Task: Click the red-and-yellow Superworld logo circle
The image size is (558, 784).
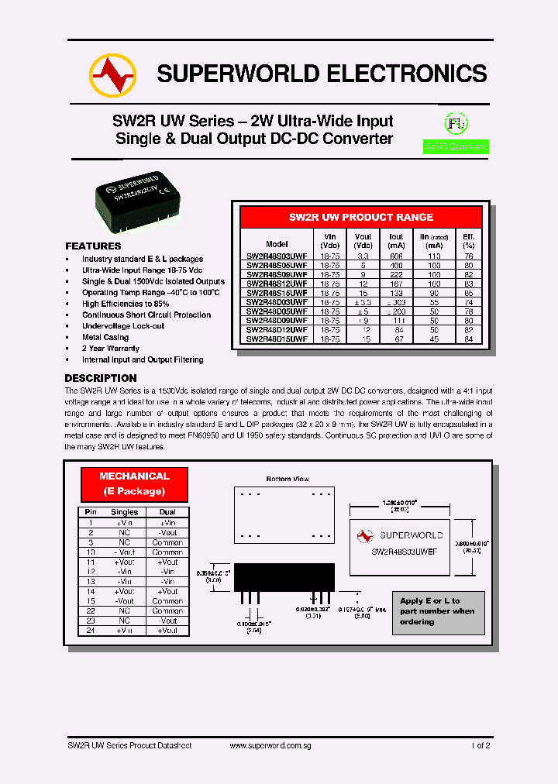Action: [x=112, y=74]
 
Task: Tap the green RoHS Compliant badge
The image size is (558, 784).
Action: [x=456, y=146]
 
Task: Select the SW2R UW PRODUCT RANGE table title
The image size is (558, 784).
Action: [x=361, y=217]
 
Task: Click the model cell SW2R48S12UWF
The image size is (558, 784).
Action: [x=277, y=284]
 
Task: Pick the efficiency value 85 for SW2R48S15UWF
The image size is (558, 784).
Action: [x=468, y=293]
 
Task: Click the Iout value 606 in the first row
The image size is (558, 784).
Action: [x=396, y=256]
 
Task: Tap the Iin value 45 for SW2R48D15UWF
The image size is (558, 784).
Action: [x=434, y=339]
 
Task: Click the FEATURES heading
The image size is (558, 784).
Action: [x=93, y=246]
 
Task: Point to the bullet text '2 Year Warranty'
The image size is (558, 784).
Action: [x=111, y=349]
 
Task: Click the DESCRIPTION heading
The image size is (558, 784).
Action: [x=101, y=378]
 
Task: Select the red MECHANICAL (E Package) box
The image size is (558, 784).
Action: [x=134, y=483]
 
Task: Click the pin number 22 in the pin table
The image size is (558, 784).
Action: [x=91, y=610]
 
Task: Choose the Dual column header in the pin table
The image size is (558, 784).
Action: [x=167, y=512]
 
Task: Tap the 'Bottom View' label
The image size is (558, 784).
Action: [x=287, y=479]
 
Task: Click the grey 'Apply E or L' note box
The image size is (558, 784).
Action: [x=439, y=611]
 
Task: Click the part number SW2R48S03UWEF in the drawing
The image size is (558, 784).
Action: [x=404, y=552]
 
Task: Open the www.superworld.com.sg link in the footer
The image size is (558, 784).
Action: [x=271, y=745]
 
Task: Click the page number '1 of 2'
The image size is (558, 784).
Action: [x=480, y=745]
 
